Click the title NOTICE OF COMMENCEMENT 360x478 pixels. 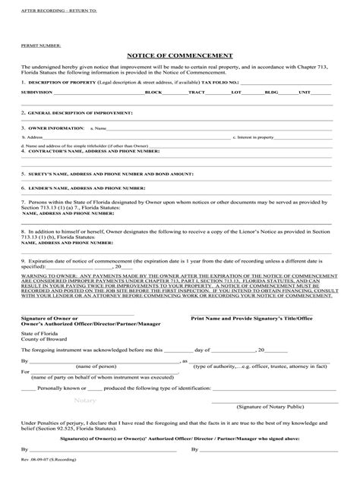click(179, 55)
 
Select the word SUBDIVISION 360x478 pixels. click(37, 91)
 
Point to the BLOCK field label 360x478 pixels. click(153, 91)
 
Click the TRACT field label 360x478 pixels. click(197, 91)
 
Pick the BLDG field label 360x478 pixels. click(271, 91)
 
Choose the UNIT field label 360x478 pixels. click(305, 91)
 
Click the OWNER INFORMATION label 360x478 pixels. click(52, 129)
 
